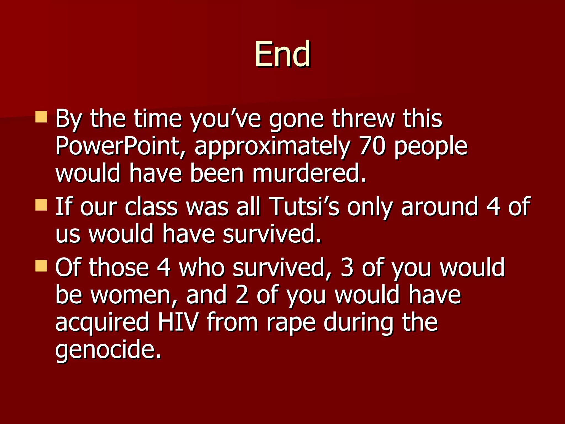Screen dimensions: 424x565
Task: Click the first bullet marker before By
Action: (41, 117)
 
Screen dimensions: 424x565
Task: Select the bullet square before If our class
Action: (41, 205)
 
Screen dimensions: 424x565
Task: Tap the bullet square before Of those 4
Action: (41, 266)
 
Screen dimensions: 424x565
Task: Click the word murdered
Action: (309, 173)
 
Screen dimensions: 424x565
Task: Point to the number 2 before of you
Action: (242, 295)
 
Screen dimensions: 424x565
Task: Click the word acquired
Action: (102, 322)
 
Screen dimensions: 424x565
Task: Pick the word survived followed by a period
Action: (272, 234)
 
